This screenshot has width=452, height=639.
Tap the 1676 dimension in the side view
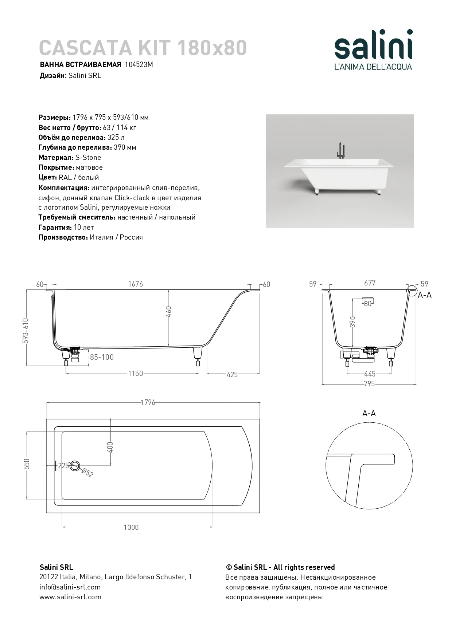click(x=135, y=284)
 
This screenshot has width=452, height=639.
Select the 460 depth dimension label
click(x=169, y=312)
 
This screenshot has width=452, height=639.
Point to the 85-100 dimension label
click(x=102, y=357)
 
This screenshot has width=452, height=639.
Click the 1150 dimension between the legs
click(x=135, y=374)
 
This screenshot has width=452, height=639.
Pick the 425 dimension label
click(x=232, y=375)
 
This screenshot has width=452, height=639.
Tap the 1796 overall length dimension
click(x=148, y=402)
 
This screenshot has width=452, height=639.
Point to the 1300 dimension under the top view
click(x=131, y=527)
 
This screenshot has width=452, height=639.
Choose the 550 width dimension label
click(x=27, y=464)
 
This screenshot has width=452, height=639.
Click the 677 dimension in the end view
click(x=369, y=283)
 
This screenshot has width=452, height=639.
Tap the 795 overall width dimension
click(x=369, y=384)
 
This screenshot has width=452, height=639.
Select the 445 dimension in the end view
click(x=370, y=374)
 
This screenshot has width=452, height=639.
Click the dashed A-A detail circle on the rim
click(x=412, y=291)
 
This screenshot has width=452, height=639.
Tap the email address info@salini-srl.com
click(x=70, y=587)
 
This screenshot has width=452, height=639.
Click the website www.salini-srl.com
click(x=70, y=597)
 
